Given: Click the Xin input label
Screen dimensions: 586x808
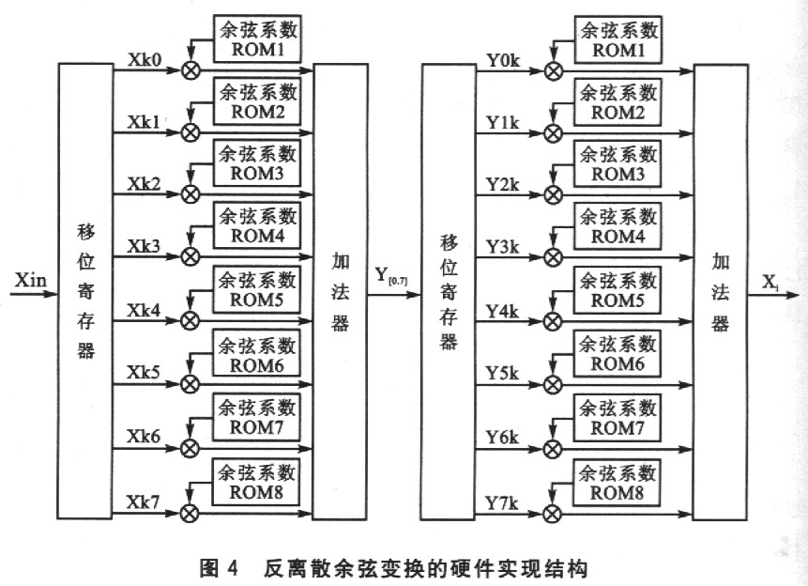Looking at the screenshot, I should (25, 279).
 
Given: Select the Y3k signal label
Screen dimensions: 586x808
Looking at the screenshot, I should (502, 247).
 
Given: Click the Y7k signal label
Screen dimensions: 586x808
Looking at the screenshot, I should (502, 499).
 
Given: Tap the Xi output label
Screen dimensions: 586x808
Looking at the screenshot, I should (770, 281).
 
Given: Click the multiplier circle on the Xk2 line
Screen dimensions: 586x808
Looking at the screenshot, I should (191, 194).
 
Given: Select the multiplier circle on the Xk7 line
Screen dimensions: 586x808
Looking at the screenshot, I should (191, 513).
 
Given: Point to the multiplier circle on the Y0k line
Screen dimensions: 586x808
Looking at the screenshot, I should (554, 70).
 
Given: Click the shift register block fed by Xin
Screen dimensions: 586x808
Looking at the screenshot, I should (86, 291).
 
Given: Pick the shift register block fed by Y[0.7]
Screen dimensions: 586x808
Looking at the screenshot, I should (448, 291).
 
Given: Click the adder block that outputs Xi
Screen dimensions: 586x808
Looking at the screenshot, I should (720, 291).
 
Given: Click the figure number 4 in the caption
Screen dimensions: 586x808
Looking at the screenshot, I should (232, 567).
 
